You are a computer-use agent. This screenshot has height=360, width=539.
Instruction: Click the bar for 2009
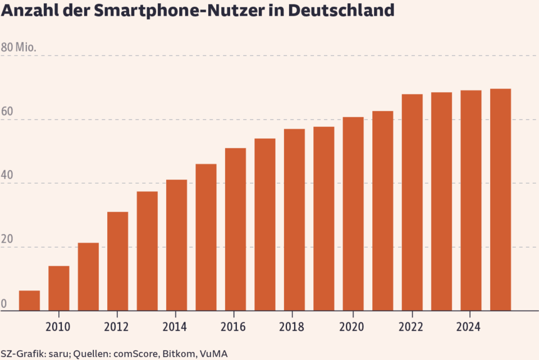coord(29,300)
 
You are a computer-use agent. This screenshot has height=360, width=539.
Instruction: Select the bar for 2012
coord(117,261)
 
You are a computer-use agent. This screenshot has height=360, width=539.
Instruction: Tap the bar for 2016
coord(235,229)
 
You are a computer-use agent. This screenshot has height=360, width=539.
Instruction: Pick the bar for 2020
coord(353,213)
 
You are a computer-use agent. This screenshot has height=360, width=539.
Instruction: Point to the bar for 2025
coord(500,199)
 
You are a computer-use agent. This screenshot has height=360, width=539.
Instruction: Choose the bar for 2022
coord(412,202)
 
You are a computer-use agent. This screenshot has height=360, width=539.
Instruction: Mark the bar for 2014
coord(176,245)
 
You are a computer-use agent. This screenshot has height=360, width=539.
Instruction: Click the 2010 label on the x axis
coord(58,327)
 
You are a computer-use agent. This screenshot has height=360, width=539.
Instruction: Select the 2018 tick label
coord(294,327)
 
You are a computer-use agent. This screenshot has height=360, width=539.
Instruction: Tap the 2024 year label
coord(471,327)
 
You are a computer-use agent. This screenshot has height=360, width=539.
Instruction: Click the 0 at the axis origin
coord(3,303)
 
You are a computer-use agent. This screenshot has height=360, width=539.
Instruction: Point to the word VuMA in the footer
coord(214,354)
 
